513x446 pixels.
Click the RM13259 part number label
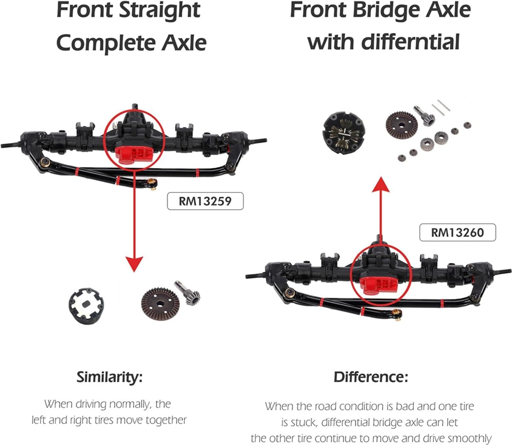(x=205, y=201)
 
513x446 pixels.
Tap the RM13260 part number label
(x=457, y=233)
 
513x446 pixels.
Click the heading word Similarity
(x=109, y=377)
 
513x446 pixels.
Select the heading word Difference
(x=371, y=377)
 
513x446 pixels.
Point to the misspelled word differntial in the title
(x=410, y=42)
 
